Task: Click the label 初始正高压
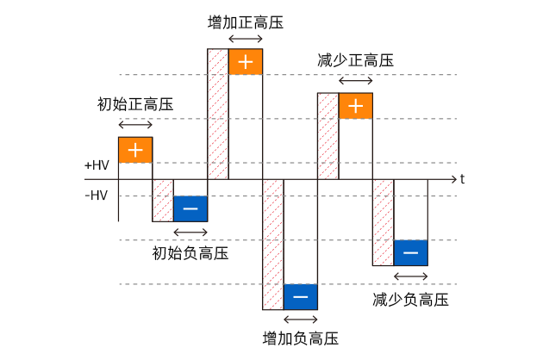(135, 105)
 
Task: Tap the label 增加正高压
(246, 22)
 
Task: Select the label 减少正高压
(356, 61)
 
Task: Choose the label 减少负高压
(411, 299)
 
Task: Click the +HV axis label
(97, 164)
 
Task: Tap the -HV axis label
(97, 196)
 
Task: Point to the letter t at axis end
(462, 179)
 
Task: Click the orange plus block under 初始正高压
(135, 150)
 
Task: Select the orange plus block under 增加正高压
(246, 62)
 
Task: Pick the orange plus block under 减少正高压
(356, 106)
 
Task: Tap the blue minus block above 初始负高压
(190, 209)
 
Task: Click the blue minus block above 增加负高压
(301, 297)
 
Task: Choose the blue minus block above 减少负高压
(411, 252)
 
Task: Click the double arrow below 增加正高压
(246, 40)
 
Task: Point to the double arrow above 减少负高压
(411, 276)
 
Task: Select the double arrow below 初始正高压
(135, 126)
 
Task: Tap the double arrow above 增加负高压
(301, 320)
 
